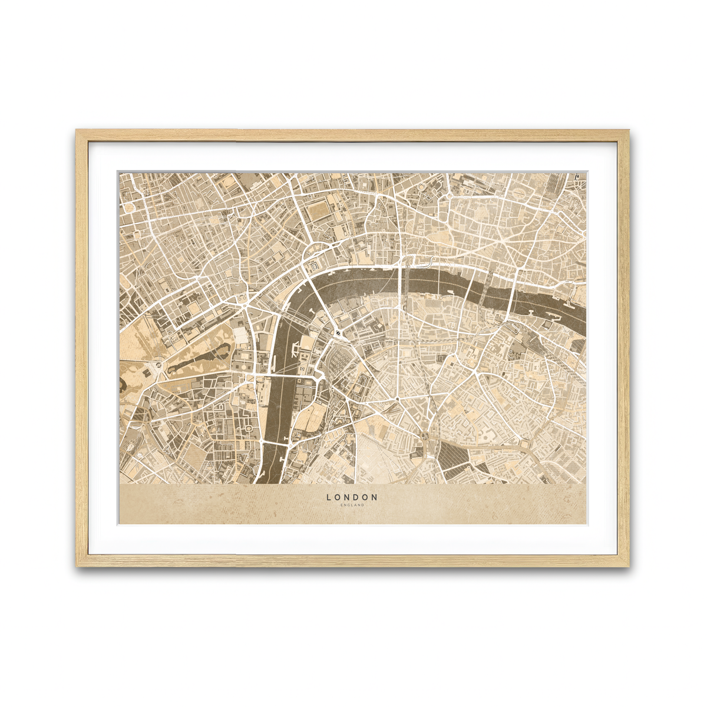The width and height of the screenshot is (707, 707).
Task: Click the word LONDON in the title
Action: [x=352, y=497]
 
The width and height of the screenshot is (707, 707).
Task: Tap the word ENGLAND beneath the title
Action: [x=352, y=505]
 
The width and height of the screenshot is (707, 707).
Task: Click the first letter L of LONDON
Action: [x=329, y=497]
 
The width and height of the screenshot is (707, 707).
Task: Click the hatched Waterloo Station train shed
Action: [x=336, y=359]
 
